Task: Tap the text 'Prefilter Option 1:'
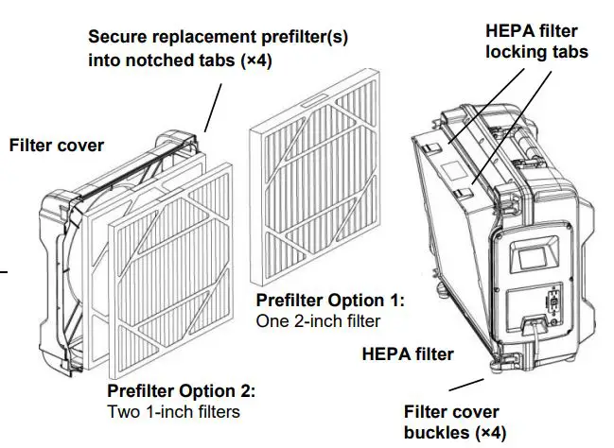[x=330, y=301]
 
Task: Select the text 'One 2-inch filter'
[x=318, y=321]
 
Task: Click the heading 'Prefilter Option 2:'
[x=181, y=390]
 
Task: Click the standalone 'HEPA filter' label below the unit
[x=408, y=354]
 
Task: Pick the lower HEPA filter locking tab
[x=461, y=193]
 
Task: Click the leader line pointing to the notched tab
[x=213, y=105]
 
